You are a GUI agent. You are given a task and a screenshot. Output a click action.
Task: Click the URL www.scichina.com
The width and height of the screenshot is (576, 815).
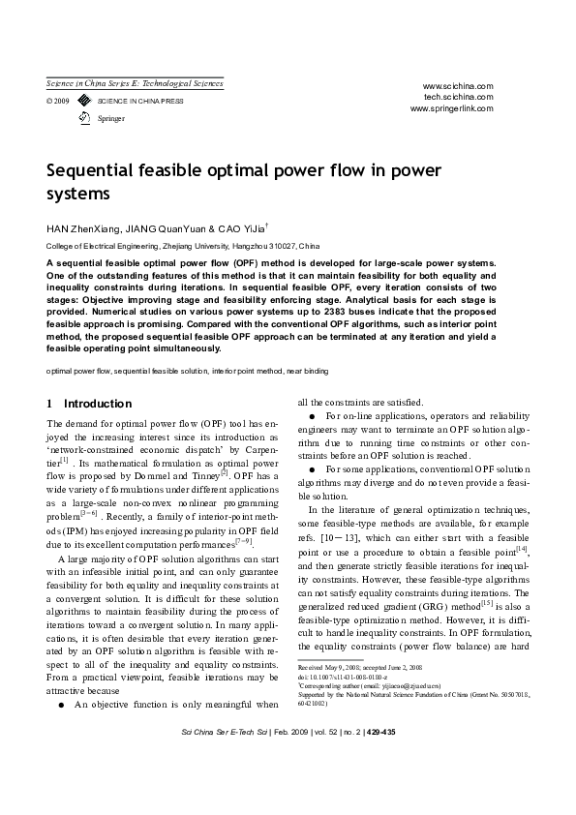tap(458, 85)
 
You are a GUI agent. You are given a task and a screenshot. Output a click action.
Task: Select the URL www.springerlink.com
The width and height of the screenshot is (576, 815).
tap(452, 108)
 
